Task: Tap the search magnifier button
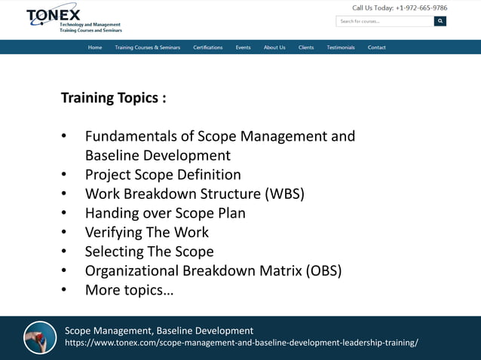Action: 440,21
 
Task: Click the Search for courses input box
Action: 384,21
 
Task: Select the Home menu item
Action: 95,47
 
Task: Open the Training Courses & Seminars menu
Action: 147,47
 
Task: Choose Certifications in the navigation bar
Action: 208,47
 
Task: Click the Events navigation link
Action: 243,47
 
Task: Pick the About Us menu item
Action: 274,47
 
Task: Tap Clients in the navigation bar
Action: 306,47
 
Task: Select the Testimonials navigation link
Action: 341,47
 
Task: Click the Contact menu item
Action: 377,47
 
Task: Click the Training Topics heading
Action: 113,98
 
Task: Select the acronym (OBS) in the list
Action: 323,271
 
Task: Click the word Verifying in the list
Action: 115,233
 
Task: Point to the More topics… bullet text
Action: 129,290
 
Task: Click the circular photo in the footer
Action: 40,337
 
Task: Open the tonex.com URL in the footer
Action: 241,343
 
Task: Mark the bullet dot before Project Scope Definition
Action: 65,175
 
